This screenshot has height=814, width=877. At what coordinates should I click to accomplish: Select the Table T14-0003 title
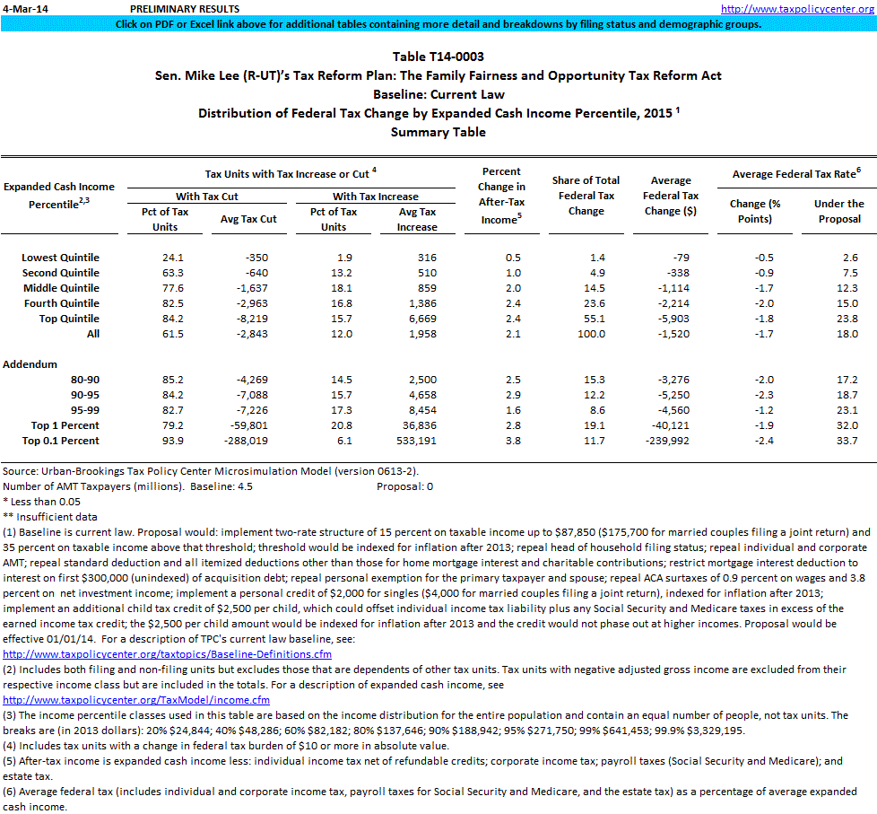coord(438,57)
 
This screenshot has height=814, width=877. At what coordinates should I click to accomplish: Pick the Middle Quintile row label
coord(61,288)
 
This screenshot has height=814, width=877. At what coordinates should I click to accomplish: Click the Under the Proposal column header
coord(838,211)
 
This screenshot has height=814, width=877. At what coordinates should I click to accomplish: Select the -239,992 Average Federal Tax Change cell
coord(673,441)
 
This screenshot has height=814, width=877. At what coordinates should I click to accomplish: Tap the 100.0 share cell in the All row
coord(591,334)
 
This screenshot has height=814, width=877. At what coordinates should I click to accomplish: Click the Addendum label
coord(30,364)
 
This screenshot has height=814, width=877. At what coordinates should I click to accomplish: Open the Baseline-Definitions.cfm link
coord(168,653)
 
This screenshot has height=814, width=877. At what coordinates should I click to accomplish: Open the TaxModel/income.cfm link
coord(136,699)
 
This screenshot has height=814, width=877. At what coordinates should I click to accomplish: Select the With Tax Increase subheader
coord(375,196)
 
